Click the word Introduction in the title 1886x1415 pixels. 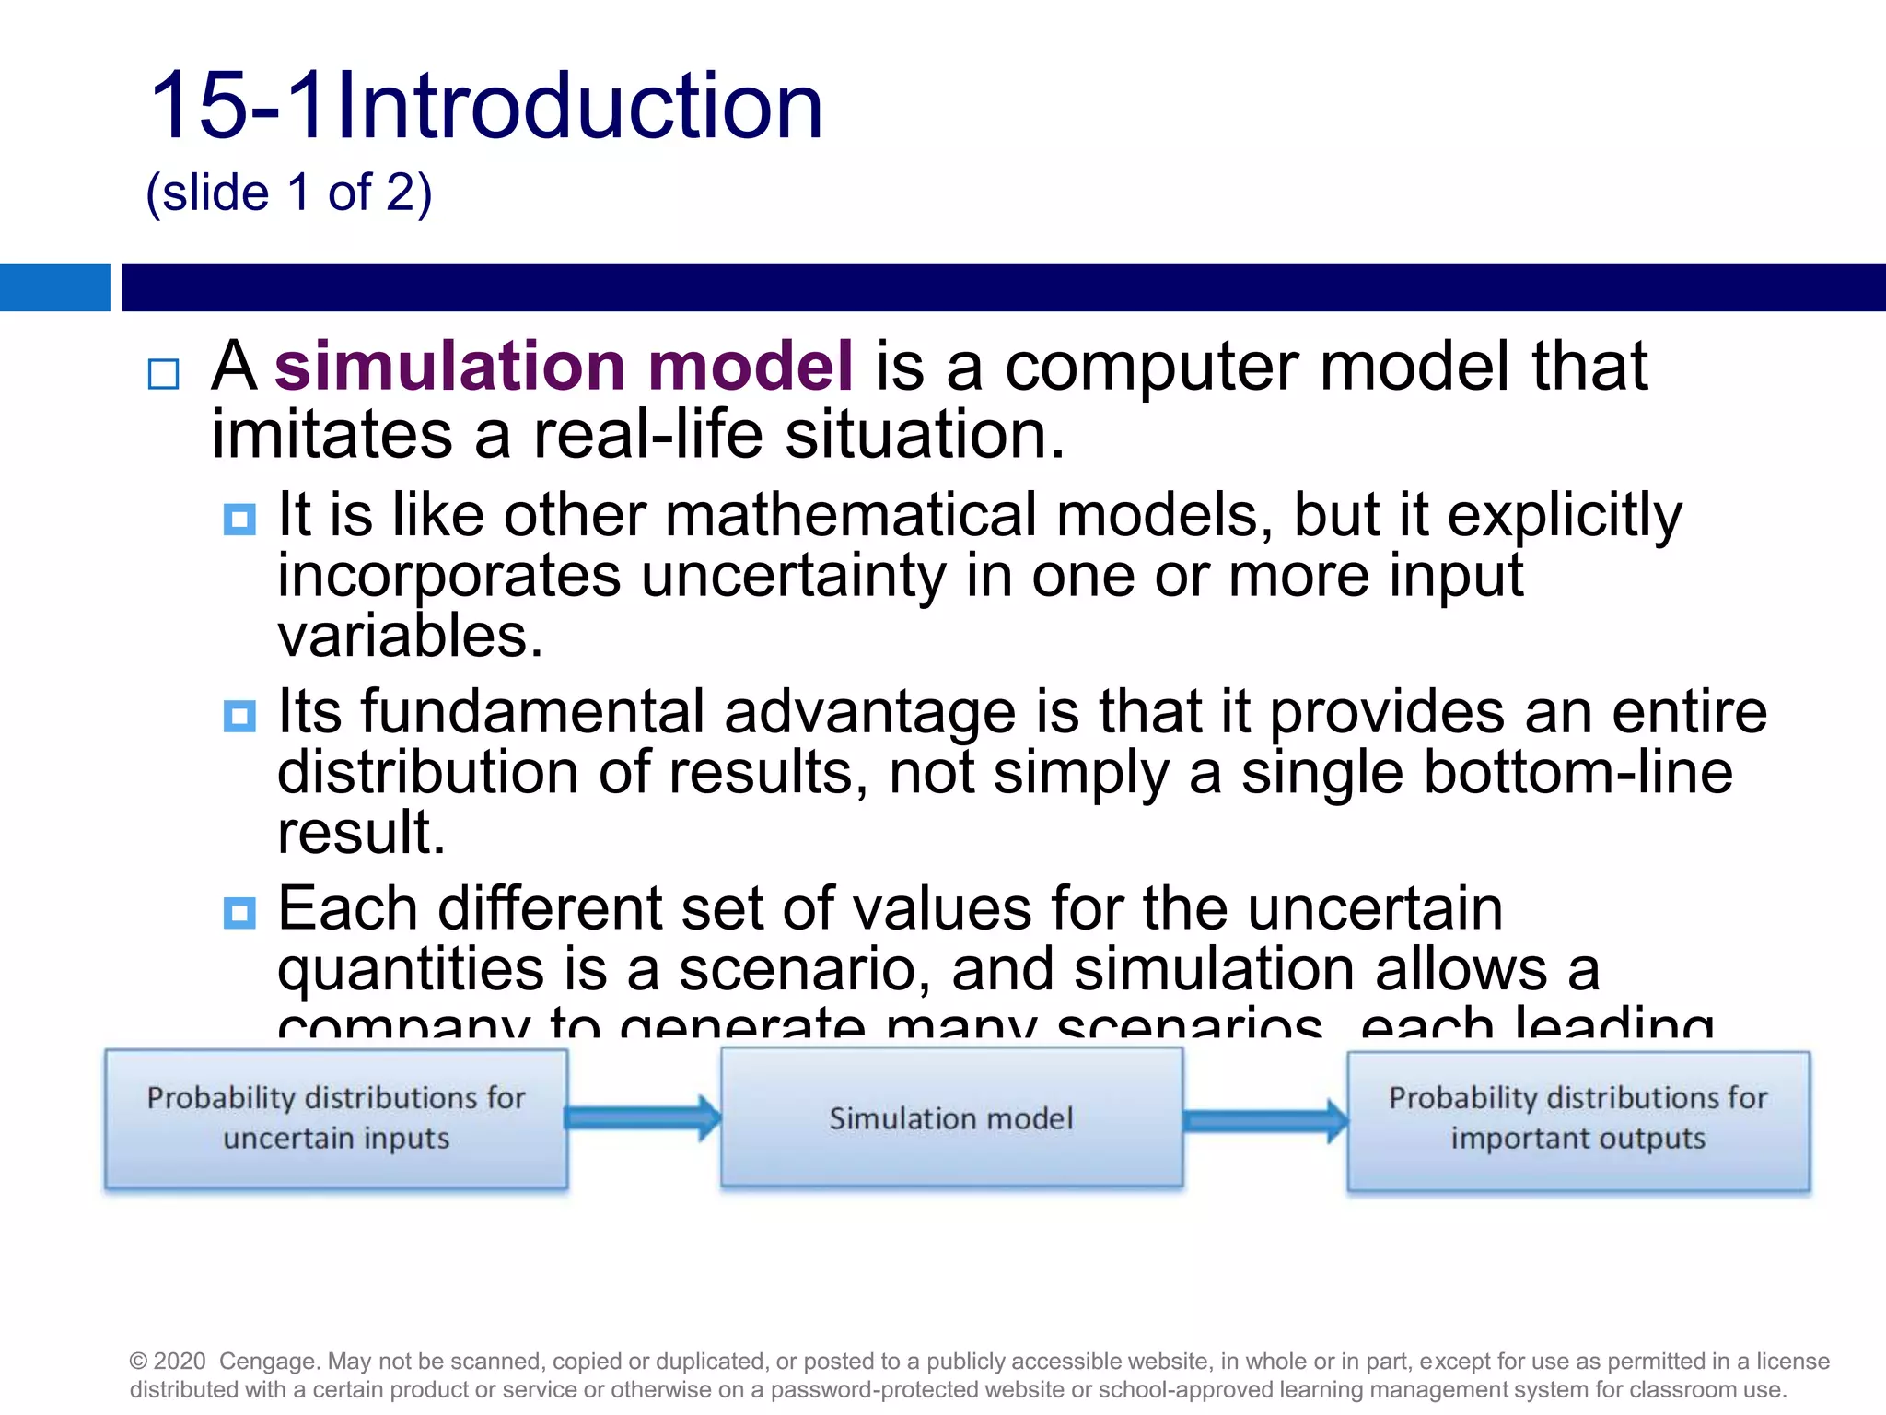tap(580, 108)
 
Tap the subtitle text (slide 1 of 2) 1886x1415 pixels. tap(289, 193)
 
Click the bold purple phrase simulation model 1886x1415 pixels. tap(564, 367)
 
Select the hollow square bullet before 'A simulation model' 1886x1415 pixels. tap(164, 374)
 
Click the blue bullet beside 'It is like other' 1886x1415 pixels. tap(239, 519)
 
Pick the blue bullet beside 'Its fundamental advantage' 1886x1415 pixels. tap(239, 716)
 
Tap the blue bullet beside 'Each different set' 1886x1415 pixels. tap(239, 913)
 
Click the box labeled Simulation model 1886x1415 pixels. tap(951, 1118)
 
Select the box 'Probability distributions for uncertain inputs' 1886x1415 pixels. tap(336, 1118)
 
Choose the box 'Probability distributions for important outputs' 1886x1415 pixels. tap(1578, 1120)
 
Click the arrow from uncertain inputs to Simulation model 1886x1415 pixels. tap(643, 1118)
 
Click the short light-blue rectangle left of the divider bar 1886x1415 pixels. tap(54, 287)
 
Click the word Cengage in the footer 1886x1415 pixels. tap(269, 1361)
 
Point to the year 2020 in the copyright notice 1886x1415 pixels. tap(180, 1361)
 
